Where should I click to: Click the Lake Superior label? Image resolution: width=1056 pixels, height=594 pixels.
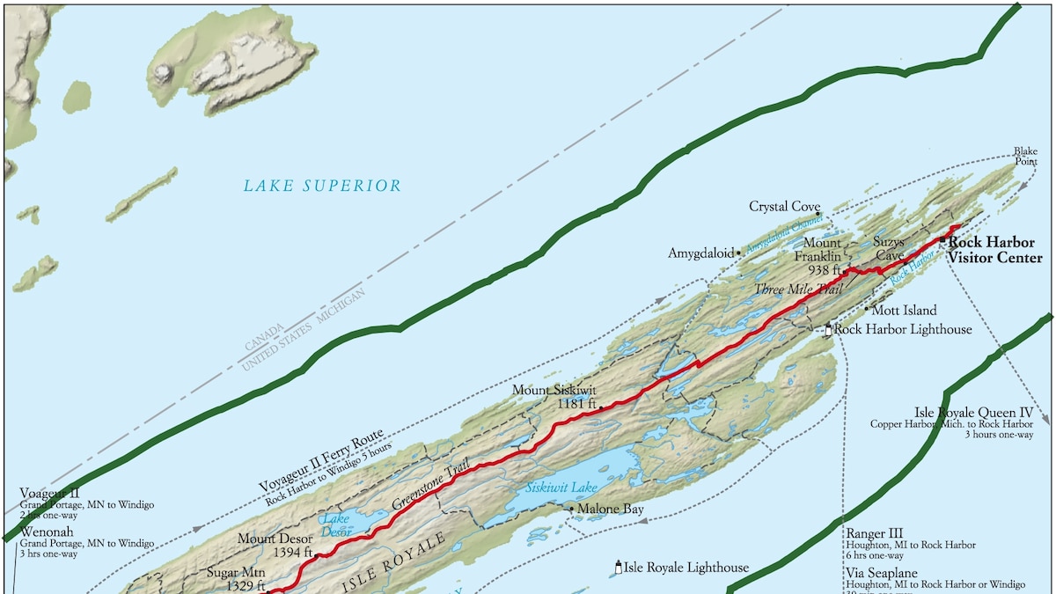[322, 186]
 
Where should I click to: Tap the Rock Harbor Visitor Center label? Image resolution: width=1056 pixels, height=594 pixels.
[991, 250]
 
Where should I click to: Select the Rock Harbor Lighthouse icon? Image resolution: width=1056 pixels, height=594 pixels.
[828, 330]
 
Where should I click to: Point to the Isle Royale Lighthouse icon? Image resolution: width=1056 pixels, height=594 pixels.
[618, 568]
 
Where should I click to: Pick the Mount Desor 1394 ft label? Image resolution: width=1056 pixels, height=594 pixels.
[275, 545]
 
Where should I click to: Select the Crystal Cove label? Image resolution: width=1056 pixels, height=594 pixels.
[784, 207]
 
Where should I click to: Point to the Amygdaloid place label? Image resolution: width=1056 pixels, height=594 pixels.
[700, 253]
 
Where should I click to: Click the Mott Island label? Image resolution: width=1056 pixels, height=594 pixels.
[904, 311]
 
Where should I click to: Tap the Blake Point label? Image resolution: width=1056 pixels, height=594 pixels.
[1025, 157]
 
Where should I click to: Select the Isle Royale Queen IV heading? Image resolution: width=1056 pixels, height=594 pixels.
[973, 412]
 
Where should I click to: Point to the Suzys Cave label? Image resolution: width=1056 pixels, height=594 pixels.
[889, 248]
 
